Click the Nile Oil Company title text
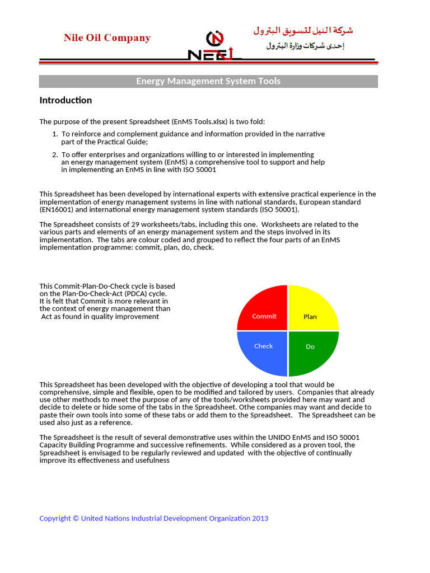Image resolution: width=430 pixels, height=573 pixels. [x=107, y=38]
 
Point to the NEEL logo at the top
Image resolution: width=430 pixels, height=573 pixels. [x=214, y=48]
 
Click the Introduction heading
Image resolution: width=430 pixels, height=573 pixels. [x=66, y=100]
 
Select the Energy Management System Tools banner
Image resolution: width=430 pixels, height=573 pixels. [x=208, y=81]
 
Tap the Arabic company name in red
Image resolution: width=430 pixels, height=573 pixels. [x=303, y=31]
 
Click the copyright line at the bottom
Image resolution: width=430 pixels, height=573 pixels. [x=153, y=518]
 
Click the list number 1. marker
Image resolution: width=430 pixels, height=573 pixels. [x=55, y=134]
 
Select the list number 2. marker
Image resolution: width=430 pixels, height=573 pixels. [x=55, y=154]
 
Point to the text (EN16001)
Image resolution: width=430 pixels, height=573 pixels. [x=58, y=209]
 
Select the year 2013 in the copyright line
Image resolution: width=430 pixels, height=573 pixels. [x=260, y=518]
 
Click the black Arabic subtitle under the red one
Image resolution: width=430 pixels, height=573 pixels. [x=305, y=46]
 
